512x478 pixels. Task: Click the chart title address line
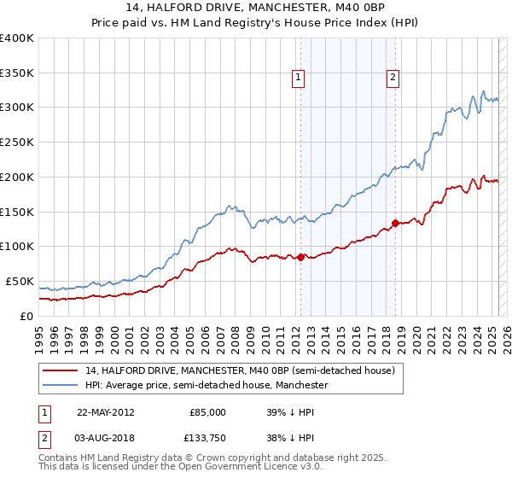(x=255, y=9)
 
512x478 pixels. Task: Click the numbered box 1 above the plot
(x=300, y=78)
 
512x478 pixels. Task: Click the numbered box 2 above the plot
(x=393, y=78)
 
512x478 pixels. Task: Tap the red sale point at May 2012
(x=300, y=256)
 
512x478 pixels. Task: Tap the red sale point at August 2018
(x=396, y=223)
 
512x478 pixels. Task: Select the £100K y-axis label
(x=17, y=246)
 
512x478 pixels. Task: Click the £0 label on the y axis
(x=26, y=316)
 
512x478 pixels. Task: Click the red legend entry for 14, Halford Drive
(x=239, y=371)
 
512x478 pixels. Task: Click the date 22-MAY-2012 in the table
(x=106, y=412)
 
